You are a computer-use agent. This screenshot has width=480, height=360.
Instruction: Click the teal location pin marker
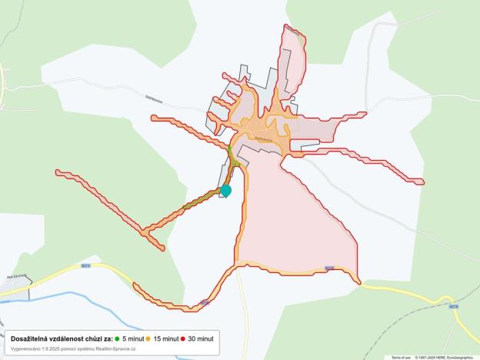click(x=225, y=190)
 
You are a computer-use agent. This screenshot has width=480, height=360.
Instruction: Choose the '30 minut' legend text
click(x=202, y=338)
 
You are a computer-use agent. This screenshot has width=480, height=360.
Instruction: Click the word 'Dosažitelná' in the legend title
click(x=31, y=338)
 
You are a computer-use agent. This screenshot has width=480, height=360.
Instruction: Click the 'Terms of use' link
click(x=401, y=358)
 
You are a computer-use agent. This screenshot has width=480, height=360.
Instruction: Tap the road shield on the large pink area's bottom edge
click(x=329, y=268)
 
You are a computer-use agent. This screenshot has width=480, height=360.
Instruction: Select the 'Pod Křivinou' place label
click(x=16, y=275)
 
